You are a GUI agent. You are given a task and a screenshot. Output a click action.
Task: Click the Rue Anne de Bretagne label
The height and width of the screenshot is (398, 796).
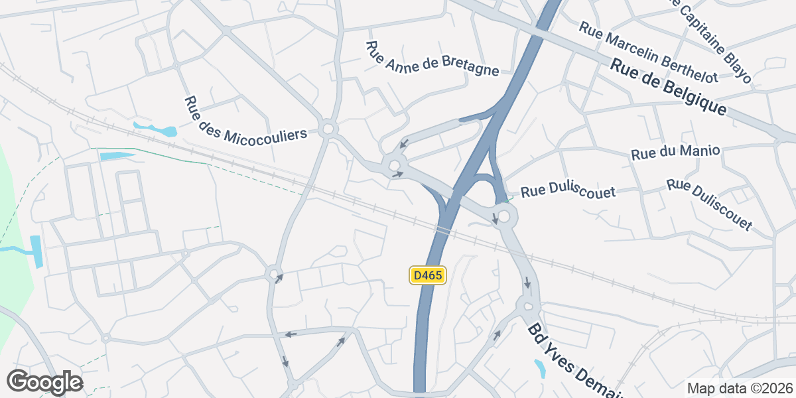point(432,58)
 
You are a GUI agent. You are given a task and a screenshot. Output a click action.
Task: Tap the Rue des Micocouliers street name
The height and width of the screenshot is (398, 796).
point(246,119)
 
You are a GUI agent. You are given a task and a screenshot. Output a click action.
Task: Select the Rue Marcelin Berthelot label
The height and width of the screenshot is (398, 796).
point(648,52)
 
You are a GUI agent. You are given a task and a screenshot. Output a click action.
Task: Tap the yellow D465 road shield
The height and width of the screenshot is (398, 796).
point(428,275)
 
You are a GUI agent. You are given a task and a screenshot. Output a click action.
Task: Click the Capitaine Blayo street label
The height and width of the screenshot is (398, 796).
point(712,40)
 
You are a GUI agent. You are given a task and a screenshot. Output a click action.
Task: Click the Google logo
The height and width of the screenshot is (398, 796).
point(44,382)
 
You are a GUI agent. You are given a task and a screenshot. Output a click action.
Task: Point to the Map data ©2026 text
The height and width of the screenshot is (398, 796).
point(740,388)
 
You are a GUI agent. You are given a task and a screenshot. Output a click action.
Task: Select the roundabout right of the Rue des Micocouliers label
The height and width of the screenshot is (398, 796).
point(327,129)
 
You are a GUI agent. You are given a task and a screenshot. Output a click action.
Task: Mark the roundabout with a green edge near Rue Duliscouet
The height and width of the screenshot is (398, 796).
point(504,216)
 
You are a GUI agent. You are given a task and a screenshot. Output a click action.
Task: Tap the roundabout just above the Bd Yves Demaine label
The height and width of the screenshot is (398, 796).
point(528,306)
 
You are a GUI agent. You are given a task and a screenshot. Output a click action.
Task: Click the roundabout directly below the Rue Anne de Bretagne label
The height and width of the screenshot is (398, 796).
point(395,165)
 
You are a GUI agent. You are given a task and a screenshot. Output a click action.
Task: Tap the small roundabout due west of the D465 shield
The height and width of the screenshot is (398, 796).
point(273,273)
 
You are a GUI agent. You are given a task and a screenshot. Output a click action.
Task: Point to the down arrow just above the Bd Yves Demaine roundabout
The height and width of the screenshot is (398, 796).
point(527,284)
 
